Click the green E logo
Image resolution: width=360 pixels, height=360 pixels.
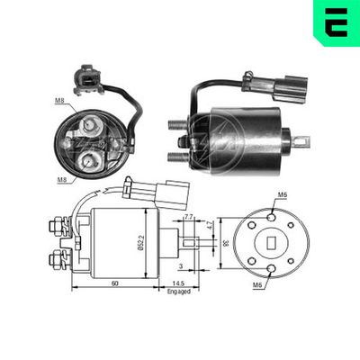(336, 22)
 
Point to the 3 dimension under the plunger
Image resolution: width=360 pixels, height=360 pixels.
(181, 267)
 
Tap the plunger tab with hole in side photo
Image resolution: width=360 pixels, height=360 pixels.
(302, 140)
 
